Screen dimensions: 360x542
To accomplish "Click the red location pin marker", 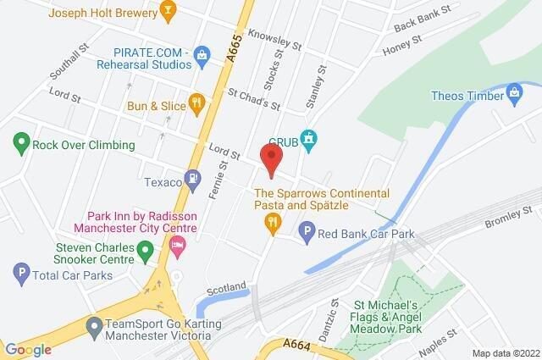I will point(271,160).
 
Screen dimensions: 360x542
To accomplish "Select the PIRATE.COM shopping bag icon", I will point(202,57).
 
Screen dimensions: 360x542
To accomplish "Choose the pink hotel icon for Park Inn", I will point(178,247).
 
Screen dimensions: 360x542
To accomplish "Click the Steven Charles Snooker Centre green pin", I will point(145,250).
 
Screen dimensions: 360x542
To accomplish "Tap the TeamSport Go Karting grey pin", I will point(95,324).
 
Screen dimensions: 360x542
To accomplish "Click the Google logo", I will point(28,349).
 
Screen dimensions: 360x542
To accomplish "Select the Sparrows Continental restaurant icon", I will point(271,223).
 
